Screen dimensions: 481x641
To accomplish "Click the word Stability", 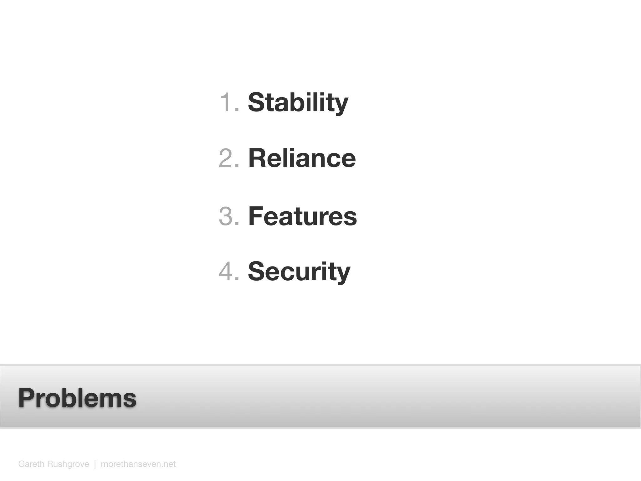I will [298, 102].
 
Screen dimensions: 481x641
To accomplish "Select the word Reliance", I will [302, 158].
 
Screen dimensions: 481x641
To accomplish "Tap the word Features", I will [302, 216].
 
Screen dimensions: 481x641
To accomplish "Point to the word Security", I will [299, 272].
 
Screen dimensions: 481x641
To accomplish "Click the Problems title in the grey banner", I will [77, 398].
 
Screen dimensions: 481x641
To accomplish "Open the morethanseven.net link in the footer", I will [138, 464].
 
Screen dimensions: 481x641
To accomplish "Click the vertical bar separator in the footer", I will [95, 464].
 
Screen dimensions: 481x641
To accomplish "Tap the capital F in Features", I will [256, 216].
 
